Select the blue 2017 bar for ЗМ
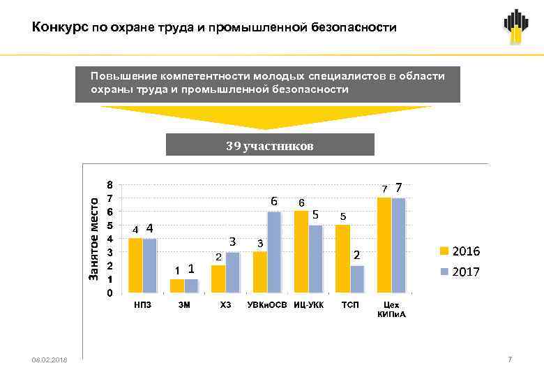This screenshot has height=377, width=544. [x=191, y=286]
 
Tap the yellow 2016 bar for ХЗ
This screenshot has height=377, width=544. [x=218, y=279]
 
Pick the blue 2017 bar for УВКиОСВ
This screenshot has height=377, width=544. [x=274, y=252]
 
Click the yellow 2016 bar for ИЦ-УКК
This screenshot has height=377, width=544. [x=301, y=251]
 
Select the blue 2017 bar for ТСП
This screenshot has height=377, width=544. [x=357, y=279]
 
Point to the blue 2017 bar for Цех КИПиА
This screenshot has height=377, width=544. [x=399, y=245]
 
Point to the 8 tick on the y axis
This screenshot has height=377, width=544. [x=109, y=186]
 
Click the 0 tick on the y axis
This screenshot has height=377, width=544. [x=109, y=293]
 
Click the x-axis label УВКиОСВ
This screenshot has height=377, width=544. [x=266, y=305]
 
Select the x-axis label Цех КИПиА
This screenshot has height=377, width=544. [x=391, y=309]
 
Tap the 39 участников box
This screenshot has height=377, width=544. [x=270, y=145]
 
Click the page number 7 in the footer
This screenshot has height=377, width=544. [x=510, y=359]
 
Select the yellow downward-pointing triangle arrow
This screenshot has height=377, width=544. [x=266, y=117]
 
